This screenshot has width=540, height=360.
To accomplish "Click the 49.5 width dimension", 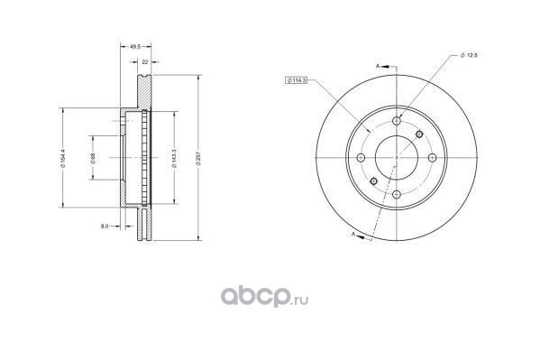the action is point(135,46).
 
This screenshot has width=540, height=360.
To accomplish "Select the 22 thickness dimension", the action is point(145,62).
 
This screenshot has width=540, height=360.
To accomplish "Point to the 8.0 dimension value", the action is point(105,226).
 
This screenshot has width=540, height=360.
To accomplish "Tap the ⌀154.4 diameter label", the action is point(63,158).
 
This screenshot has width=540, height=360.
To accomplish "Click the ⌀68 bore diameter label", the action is point(92,158).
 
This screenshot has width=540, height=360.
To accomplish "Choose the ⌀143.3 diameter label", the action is point(174,158).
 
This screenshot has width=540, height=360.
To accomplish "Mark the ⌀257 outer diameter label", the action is point(198,159).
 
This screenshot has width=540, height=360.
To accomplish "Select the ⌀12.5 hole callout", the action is point(469,55).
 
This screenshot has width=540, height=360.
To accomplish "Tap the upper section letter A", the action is point(378,66).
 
